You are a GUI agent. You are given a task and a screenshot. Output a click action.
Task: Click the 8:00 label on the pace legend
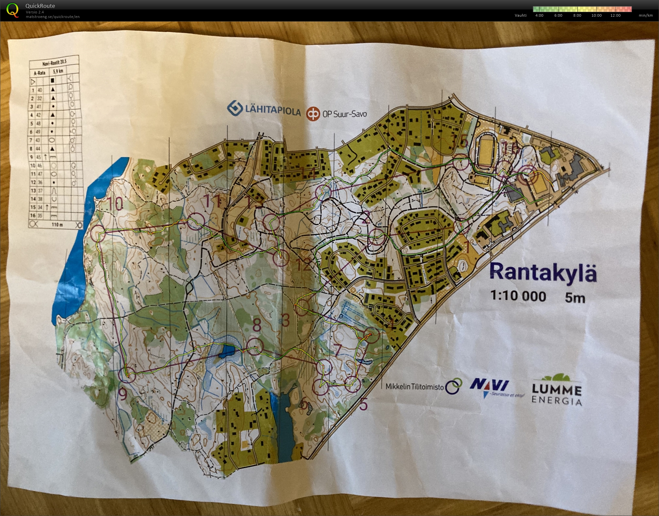point(577,15)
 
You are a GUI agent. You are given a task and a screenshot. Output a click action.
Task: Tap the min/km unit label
point(645,15)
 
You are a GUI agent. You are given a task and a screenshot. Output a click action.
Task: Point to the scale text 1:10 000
point(518,296)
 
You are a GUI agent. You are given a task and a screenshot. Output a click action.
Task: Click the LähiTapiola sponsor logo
point(264,109)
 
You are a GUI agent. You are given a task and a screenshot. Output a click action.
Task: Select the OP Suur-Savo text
point(345,114)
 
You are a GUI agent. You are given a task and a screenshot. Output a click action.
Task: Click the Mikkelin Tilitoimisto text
point(414,387)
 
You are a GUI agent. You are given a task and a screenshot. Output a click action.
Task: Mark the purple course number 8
point(257,325)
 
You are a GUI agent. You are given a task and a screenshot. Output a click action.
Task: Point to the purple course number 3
point(286,321)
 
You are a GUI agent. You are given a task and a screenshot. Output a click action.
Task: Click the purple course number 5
point(363,405)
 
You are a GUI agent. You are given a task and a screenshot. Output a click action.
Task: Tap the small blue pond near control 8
point(226,352)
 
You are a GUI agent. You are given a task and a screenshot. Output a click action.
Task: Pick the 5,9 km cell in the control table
point(58,71)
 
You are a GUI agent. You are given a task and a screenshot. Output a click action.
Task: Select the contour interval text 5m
point(575,298)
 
